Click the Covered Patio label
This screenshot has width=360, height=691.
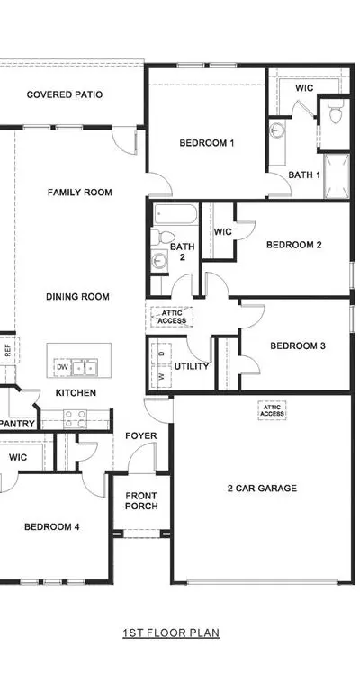[x=65, y=94]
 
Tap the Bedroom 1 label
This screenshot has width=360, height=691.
[x=207, y=143]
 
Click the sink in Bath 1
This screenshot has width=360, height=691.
[x=277, y=130]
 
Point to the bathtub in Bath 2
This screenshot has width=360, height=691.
[x=175, y=215]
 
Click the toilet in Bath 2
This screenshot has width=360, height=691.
[x=157, y=237]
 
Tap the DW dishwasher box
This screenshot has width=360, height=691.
[x=62, y=367]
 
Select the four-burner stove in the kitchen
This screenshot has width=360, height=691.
[x=75, y=418]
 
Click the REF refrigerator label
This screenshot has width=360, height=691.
[x=7, y=350]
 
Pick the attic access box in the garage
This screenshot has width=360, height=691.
[x=273, y=410]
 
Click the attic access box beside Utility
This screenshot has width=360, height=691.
[x=172, y=317]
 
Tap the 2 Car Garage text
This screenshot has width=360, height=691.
[x=262, y=488]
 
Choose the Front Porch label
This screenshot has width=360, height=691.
[x=141, y=501]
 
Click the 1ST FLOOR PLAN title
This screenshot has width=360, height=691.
[x=171, y=633]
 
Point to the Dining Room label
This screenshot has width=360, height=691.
[x=77, y=297]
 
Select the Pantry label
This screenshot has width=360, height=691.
[x=18, y=424]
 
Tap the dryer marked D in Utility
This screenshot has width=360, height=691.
[x=161, y=354]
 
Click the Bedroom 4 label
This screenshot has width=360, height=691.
[x=52, y=526]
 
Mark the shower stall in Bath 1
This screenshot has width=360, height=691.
[x=337, y=175]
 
